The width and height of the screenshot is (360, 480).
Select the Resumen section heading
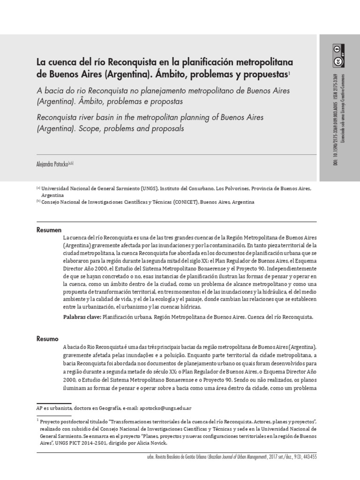click(49, 230)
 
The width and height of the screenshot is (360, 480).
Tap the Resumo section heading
click(48, 338)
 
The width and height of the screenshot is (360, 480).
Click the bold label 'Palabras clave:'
click(82, 317)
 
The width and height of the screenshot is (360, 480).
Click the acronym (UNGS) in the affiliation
click(149, 188)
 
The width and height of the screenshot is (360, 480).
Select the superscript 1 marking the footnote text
click(37, 420)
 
